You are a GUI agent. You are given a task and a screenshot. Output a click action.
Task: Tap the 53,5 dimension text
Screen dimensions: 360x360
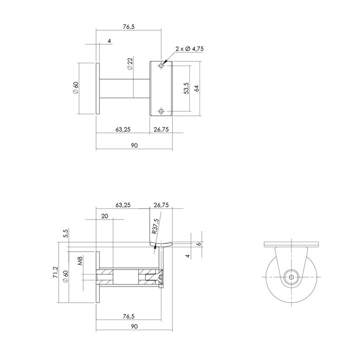[x=186, y=88]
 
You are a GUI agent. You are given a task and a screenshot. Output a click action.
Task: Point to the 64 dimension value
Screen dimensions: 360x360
[x=196, y=88]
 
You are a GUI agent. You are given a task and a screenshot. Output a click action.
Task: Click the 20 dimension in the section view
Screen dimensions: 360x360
[x=105, y=217]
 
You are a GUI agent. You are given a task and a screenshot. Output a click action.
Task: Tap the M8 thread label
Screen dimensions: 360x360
[x=80, y=262]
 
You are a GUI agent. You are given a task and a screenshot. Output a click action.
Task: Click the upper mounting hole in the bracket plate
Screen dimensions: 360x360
[x=161, y=66]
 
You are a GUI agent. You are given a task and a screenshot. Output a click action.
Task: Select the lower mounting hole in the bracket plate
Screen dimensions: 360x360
[x=161, y=111]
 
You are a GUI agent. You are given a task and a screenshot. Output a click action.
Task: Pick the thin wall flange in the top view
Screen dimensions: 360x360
[x=98, y=88]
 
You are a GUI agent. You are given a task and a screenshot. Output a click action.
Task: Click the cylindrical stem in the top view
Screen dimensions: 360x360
[x=124, y=88]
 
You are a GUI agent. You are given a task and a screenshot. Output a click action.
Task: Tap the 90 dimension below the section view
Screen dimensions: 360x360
[x=134, y=327]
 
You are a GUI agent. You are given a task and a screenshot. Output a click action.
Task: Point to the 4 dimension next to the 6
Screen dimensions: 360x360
[x=189, y=256]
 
